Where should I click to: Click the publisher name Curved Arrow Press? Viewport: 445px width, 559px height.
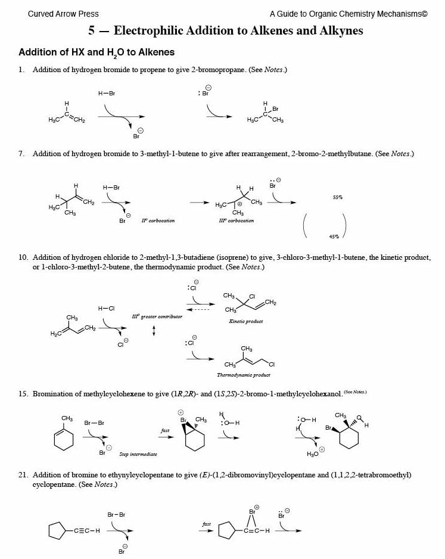(x=63, y=14)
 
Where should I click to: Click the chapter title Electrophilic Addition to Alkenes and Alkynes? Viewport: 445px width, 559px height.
(x=222, y=31)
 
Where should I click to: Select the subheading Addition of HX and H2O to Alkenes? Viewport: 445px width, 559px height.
(x=97, y=53)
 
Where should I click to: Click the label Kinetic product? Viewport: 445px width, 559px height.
(x=246, y=321)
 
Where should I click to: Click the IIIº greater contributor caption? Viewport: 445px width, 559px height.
(x=157, y=316)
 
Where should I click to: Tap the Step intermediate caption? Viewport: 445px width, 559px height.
(x=138, y=454)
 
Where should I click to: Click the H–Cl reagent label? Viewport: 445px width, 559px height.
(x=107, y=308)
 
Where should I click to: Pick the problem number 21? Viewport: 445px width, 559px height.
(x=23, y=475)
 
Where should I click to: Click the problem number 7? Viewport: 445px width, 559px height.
(x=22, y=154)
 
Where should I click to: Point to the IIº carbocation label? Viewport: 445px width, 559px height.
(x=158, y=221)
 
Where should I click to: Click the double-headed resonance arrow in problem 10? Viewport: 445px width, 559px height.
(x=155, y=330)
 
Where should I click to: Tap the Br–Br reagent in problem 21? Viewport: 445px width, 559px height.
(x=117, y=514)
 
